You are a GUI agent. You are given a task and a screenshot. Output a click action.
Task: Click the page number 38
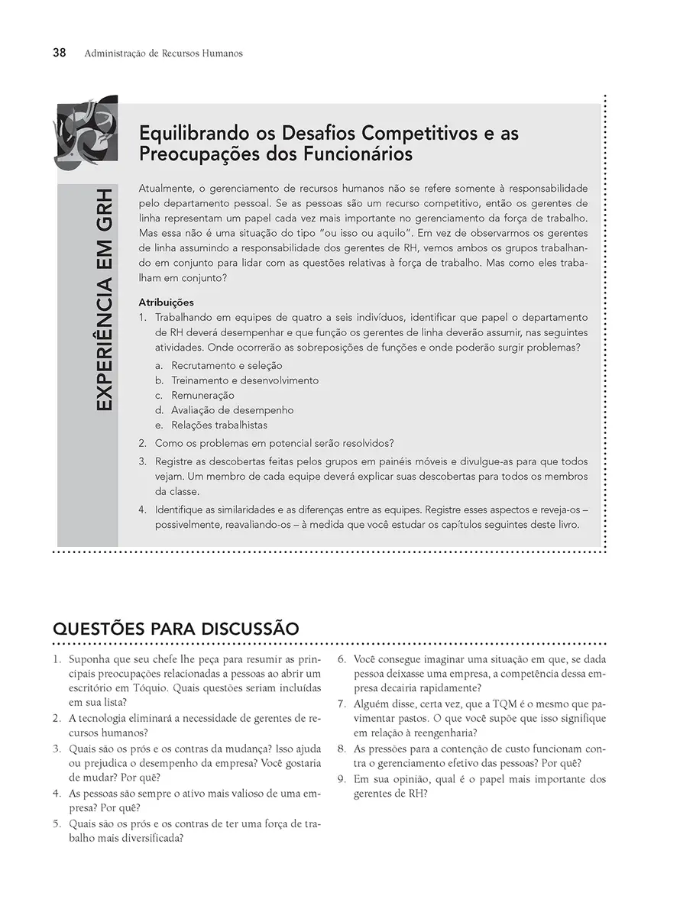[x=59, y=53]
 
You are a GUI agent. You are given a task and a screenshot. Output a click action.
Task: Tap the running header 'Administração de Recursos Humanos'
[x=164, y=53]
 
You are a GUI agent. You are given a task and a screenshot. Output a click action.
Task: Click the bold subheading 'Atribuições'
[x=166, y=302]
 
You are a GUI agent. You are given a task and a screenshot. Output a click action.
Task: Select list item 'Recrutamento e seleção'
[x=226, y=366]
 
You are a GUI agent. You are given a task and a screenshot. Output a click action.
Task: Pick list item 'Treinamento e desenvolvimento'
[x=244, y=380]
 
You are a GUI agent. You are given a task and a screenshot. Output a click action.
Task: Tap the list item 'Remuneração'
[x=202, y=396]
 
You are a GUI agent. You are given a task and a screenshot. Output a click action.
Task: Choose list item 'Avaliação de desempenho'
[x=232, y=410]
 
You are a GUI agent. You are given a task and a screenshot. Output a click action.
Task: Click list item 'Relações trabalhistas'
[x=219, y=425]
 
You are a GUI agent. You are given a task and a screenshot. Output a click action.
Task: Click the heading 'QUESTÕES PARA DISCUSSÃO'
[x=175, y=629]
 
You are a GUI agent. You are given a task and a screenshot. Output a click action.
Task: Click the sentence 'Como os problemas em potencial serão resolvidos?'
[x=274, y=443]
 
